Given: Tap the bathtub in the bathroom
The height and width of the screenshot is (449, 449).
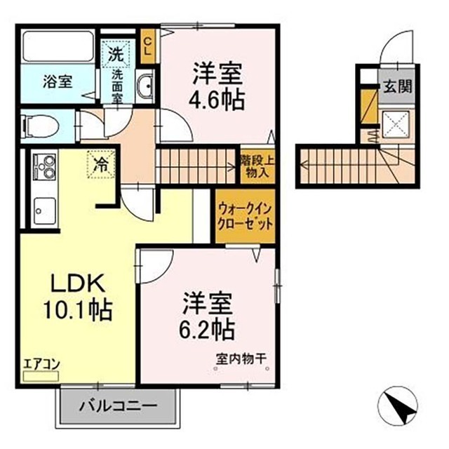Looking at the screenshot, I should (58, 46).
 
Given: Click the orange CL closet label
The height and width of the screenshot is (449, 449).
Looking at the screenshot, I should (148, 45).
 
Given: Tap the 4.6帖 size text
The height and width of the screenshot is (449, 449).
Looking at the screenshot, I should (217, 99).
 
